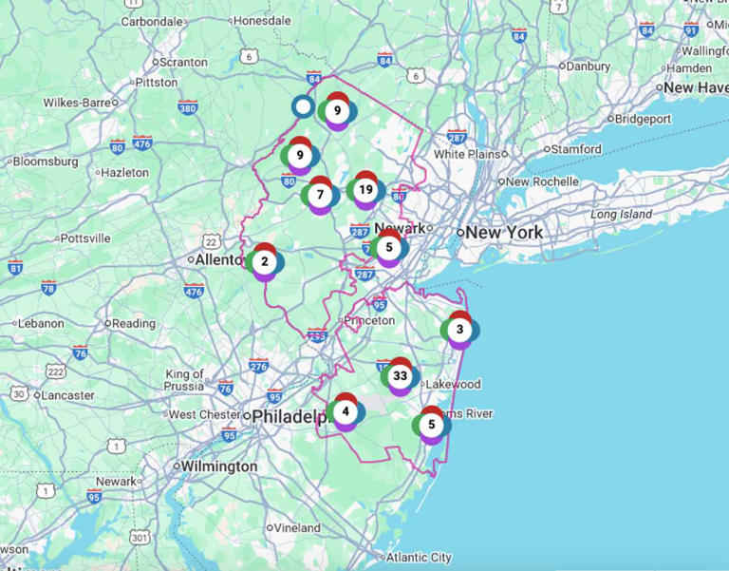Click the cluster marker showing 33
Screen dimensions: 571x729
pyautogui.click(x=401, y=376)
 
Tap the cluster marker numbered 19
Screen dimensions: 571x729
pyautogui.click(x=365, y=190)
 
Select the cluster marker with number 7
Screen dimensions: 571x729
pyautogui.click(x=321, y=195)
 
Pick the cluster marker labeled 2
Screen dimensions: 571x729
pyautogui.click(x=265, y=261)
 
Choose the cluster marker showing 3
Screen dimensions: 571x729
pyautogui.click(x=459, y=330)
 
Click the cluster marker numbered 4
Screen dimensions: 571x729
pyautogui.click(x=346, y=411)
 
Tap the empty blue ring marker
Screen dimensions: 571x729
pyautogui.click(x=303, y=106)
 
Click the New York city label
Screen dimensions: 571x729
pyautogui.click(x=504, y=232)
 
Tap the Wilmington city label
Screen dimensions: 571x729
pyautogui.click(x=220, y=466)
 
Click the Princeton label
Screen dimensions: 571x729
pyautogui.click(x=369, y=320)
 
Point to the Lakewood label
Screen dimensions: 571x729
pyautogui.click(x=454, y=385)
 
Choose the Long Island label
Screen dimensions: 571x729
pyautogui.click(x=621, y=215)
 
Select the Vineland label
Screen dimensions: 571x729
pyautogui.click(x=299, y=527)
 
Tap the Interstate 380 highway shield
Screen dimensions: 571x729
pyautogui.click(x=188, y=107)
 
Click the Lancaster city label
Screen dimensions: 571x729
pyautogui.click(x=68, y=395)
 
